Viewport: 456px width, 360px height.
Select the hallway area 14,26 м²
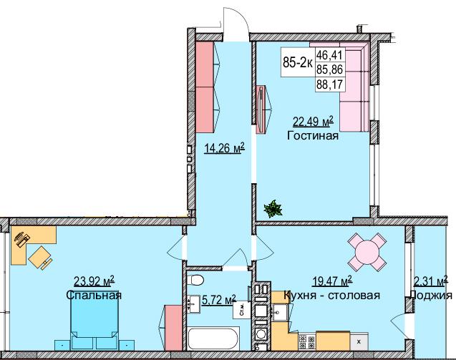point(224,148)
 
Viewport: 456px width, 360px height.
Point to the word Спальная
point(94,295)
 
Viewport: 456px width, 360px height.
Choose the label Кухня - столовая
point(331,295)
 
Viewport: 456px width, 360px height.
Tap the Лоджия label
point(433,295)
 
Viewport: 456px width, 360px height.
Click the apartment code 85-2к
point(297,62)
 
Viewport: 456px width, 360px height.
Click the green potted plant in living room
point(272,209)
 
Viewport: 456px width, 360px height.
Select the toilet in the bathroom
point(199,280)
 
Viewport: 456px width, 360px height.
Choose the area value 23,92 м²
point(94,281)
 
